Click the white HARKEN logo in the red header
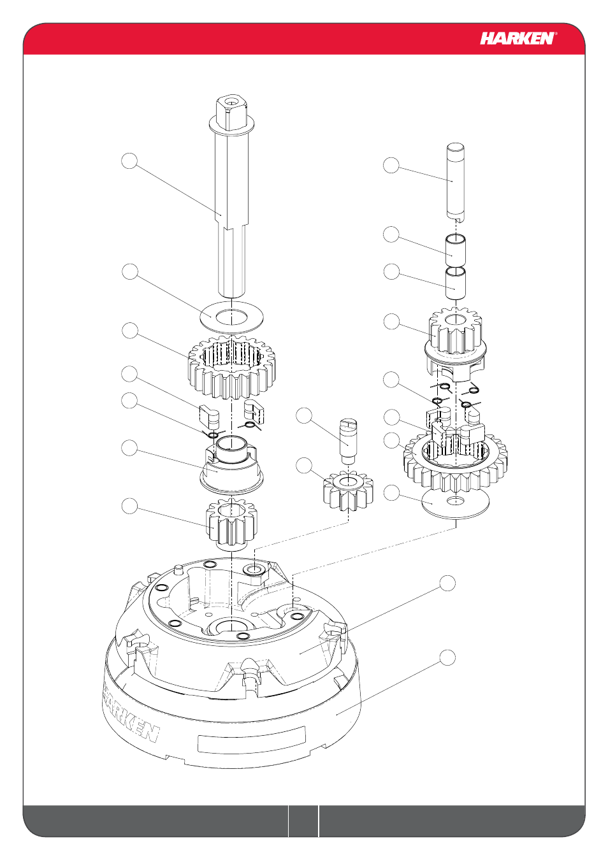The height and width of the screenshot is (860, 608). coord(518,39)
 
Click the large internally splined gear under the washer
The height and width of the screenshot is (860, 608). coord(233,367)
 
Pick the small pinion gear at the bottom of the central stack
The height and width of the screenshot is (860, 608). coord(231,525)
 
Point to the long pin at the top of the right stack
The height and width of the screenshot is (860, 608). coord(456,182)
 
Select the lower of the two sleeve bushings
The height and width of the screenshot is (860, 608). coord(456,283)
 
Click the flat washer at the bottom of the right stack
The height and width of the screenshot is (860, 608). coord(456,503)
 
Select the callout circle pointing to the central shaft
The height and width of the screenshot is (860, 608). coord(129,161)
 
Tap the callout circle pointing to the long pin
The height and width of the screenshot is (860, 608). coord(391,165)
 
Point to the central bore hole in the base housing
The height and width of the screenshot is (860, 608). coord(232,626)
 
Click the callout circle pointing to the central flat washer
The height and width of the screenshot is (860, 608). coord(130,271)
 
